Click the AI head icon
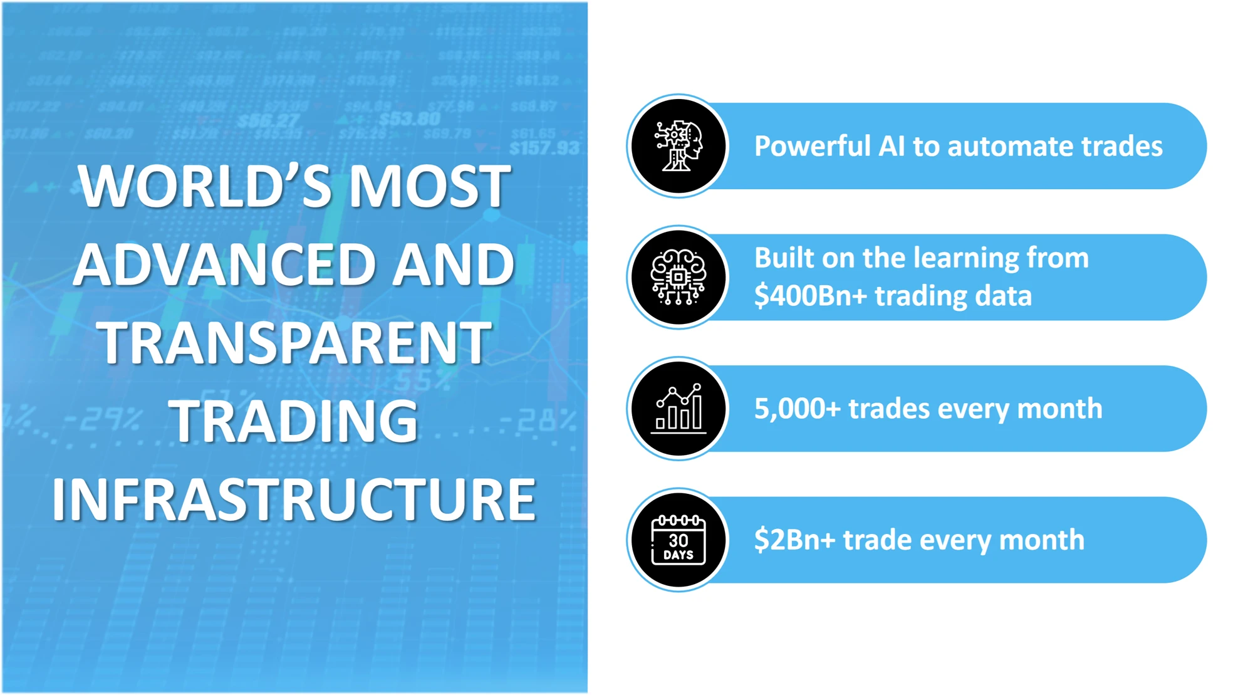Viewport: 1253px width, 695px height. click(x=678, y=146)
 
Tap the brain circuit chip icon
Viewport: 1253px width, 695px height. click(x=678, y=277)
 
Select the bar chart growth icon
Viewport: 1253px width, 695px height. click(x=678, y=409)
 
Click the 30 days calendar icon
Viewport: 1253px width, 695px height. click(x=678, y=540)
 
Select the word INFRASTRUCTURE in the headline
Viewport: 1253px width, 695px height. click(x=294, y=499)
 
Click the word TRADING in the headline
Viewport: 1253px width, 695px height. click(x=294, y=421)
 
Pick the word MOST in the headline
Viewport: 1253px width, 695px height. click(x=430, y=186)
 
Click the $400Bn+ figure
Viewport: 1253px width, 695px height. click(x=811, y=296)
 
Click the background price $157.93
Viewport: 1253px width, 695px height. click(x=544, y=149)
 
